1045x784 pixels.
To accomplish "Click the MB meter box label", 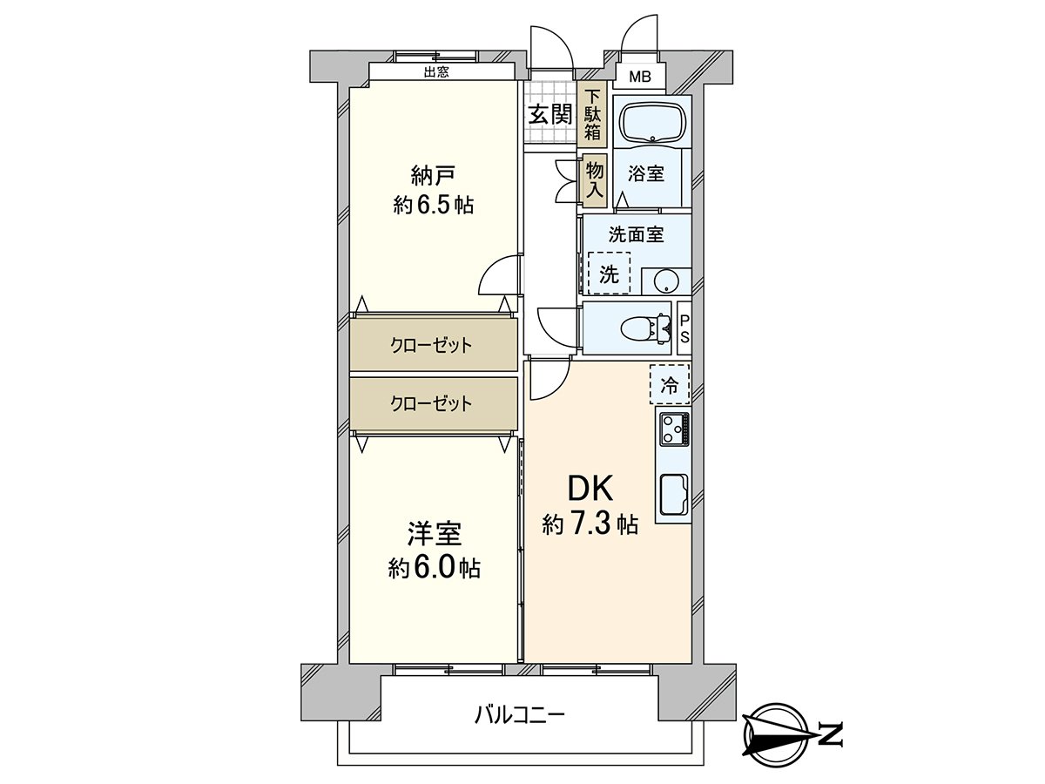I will coord(640,78).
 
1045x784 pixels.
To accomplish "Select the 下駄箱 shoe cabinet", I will coord(592,115).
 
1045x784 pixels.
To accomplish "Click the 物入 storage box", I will coord(594,181).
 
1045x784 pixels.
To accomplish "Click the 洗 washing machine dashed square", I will coord(609,274).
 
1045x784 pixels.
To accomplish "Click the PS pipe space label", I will coord(684,328).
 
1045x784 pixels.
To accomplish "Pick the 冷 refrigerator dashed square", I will coord(669,385).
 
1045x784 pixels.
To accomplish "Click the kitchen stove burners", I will coord(674,427).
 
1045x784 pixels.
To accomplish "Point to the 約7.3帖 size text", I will coord(590,524).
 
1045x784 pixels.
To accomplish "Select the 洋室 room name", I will coord(434,532).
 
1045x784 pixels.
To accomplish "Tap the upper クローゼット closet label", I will coord(431,345).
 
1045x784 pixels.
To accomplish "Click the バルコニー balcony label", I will coord(520,716).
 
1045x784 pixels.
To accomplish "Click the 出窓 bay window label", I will coord(436,73).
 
